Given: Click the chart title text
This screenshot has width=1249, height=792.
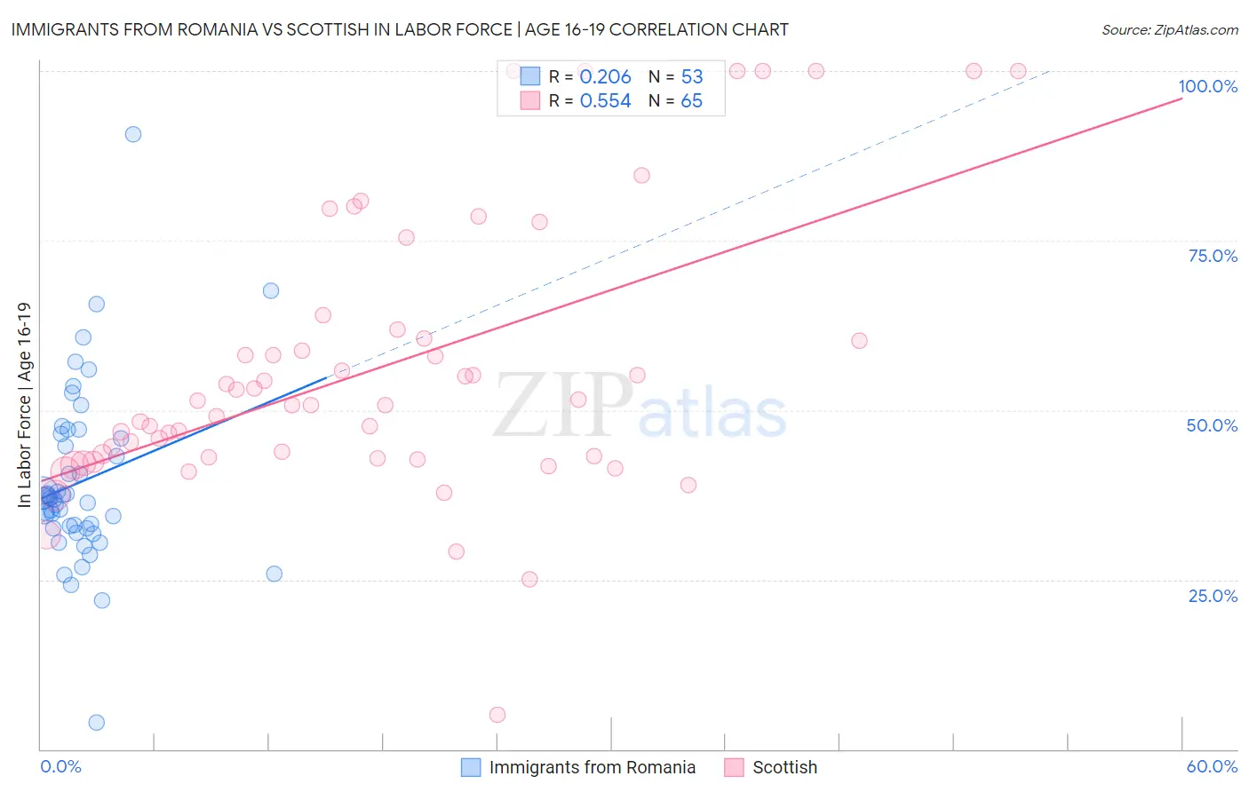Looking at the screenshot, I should click(x=400, y=29).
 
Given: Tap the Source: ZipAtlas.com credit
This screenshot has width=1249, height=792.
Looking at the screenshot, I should click(x=1169, y=29).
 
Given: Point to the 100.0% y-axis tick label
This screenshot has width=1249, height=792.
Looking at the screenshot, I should click(x=1207, y=86).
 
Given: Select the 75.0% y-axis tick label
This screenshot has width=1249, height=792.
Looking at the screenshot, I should click(x=1212, y=256).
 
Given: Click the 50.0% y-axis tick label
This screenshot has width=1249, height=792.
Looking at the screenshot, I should click(x=1212, y=425).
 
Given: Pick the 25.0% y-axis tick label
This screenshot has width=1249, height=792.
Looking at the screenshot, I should click(x=1212, y=596).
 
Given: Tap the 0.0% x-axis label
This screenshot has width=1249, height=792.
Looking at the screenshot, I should click(x=60, y=766).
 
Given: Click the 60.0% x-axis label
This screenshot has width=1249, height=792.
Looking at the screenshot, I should click(x=1212, y=766).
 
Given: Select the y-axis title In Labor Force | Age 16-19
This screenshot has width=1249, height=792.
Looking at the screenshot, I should click(x=25, y=405).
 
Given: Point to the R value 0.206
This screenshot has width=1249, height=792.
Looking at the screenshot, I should click(x=605, y=77).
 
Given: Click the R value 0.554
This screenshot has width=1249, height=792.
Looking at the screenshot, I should click(x=605, y=101).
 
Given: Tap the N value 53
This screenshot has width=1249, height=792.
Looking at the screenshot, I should click(x=691, y=77).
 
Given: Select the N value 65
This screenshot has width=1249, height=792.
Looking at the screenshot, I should click(x=691, y=101).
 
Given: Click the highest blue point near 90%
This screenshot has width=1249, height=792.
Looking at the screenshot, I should click(x=133, y=134).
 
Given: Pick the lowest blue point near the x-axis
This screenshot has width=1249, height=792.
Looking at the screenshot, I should click(x=97, y=723).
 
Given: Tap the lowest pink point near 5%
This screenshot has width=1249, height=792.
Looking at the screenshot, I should click(x=497, y=715).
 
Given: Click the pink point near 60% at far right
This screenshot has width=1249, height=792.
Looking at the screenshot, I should click(x=859, y=341).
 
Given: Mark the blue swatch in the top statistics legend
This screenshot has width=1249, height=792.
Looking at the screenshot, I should click(x=530, y=76).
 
